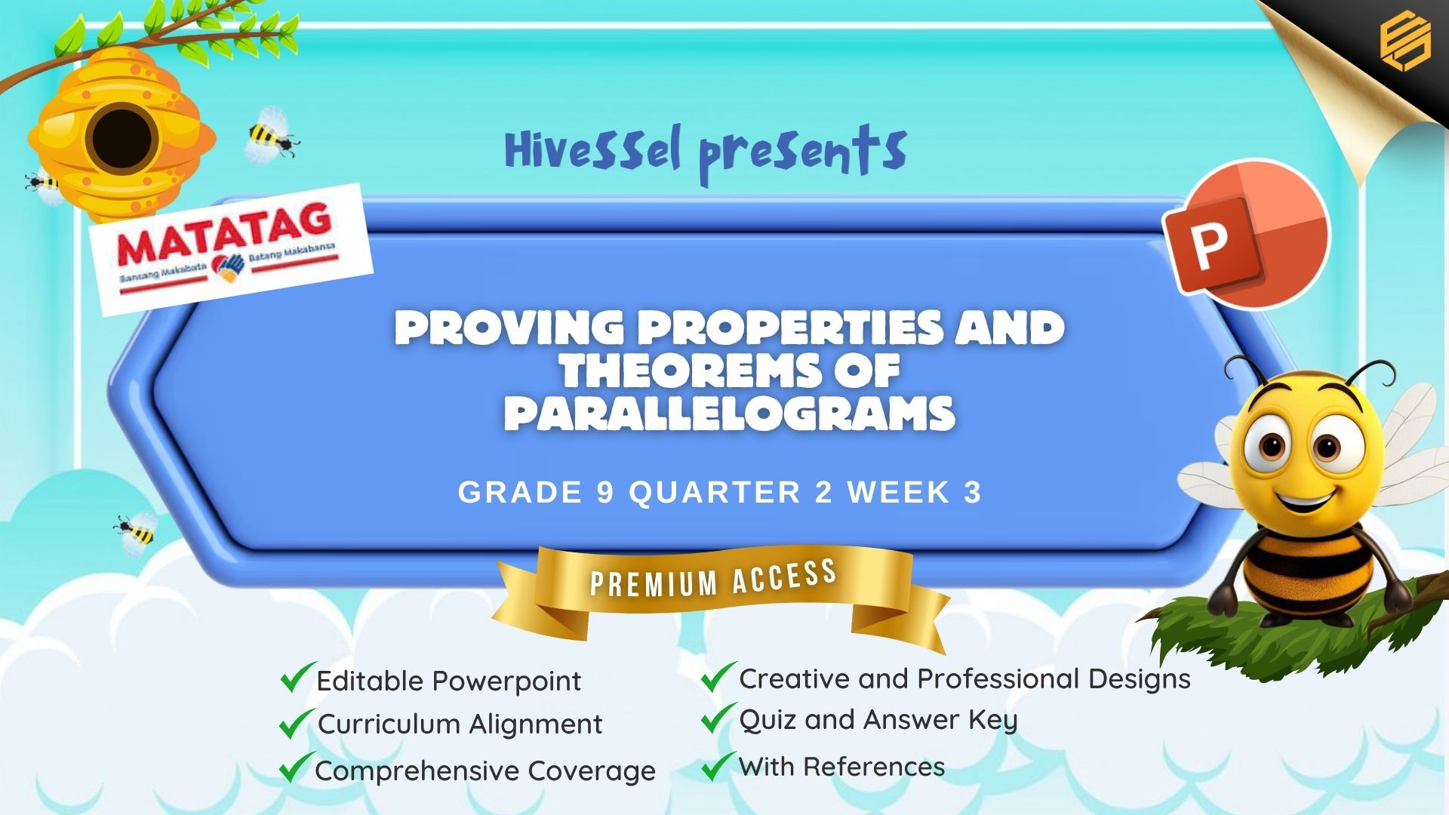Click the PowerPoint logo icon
1246,233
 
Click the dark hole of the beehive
121,139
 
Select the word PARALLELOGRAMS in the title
729,413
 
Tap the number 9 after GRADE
605,493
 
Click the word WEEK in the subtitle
898,493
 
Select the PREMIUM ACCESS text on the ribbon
713,578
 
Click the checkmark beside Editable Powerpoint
297,677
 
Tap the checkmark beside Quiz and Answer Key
718,718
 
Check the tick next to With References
718,765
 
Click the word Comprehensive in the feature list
417,771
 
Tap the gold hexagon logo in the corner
1405,42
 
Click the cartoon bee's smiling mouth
1303,498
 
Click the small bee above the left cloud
137,532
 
